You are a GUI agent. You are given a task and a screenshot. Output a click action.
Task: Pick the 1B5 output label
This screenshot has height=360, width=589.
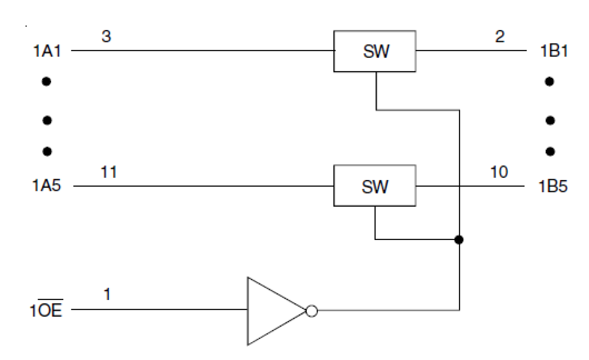tap(552, 187)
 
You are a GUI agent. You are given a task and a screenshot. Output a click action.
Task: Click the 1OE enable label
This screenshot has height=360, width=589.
tap(45, 310)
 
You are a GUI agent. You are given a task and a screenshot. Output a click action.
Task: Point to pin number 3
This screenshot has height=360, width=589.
tap(106, 37)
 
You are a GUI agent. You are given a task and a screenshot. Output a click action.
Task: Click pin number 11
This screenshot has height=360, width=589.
tap(109, 172)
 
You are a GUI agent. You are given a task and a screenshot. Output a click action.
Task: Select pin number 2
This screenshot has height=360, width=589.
tap(500, 37)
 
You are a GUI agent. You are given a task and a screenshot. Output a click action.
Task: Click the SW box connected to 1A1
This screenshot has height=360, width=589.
tap(375, 51)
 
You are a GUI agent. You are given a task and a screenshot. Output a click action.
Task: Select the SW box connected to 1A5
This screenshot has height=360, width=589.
tap(375, 186)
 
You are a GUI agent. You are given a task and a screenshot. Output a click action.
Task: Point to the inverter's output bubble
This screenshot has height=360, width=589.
tap(311, 310)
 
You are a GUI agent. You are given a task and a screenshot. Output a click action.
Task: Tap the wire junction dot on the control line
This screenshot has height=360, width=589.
tap(459, 240)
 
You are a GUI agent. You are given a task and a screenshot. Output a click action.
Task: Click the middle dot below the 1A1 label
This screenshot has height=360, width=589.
tap(46, 120)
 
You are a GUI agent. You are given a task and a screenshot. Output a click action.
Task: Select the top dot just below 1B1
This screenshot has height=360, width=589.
tap(550, 82)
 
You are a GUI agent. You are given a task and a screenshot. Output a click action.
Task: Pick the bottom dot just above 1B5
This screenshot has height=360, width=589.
tap(550, 151)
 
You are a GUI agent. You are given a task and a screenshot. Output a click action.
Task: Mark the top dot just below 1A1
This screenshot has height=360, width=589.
tap(46, 82)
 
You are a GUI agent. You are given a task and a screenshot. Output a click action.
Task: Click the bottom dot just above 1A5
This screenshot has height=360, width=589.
tap(46, 151)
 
